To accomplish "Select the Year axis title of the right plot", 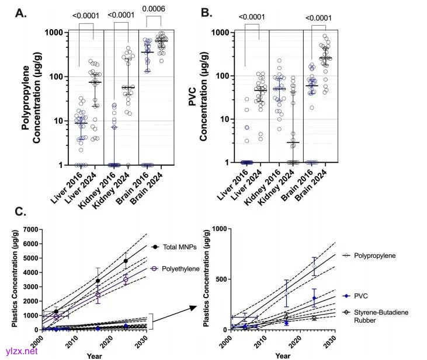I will click(283, 355).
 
